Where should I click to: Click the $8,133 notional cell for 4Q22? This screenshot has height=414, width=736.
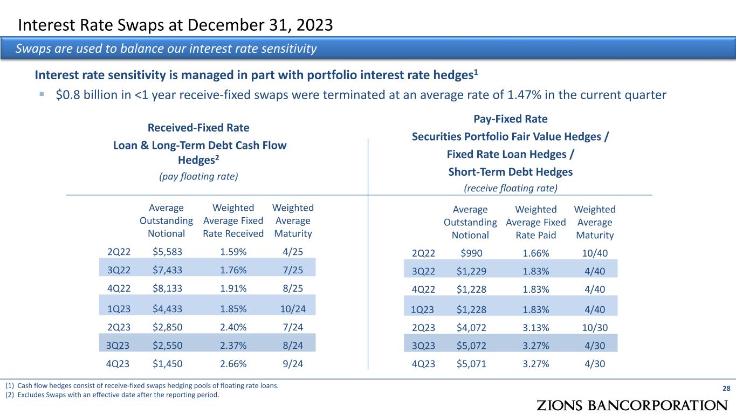click(x=167, y=288)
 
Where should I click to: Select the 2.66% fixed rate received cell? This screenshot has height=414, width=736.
click(x=233, y=364)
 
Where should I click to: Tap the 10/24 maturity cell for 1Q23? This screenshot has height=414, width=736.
click(x=293, y=309)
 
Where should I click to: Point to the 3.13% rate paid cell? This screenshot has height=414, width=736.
click(x=536, y=326)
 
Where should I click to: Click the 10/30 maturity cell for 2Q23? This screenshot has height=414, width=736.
click(x=595, y=326)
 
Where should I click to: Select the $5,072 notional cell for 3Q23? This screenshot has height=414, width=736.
click(x=471, y=345)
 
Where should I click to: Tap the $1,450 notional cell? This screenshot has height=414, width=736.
click(x=167, y=364)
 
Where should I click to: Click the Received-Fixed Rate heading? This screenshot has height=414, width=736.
click(x=198, y=128)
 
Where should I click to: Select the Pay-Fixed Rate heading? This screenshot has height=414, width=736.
click(x=510, y=119)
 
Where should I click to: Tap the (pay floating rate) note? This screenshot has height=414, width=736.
click(x=198, y=176)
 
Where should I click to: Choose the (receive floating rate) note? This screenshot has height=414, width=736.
click(x=510, y=188)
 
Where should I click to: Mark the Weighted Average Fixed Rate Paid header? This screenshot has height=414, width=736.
click(x=536, y=222)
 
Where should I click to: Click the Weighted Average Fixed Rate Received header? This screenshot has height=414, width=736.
click(x=233, y=220)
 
